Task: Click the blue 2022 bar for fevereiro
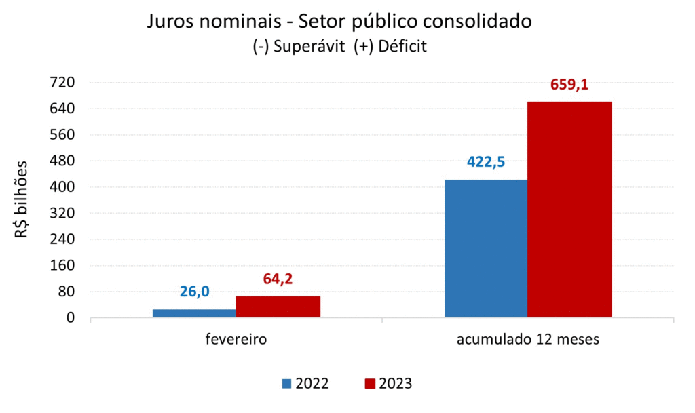point(194,313)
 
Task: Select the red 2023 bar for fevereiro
point(278,307)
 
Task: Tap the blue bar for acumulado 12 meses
point(486,248)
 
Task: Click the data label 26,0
point(195,292)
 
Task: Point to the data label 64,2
point(278,279)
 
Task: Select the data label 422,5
point(486,163)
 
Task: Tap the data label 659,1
point(569,85)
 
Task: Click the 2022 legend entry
point(306,384)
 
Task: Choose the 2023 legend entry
point(388,384)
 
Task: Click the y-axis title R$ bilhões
point(22,199)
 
